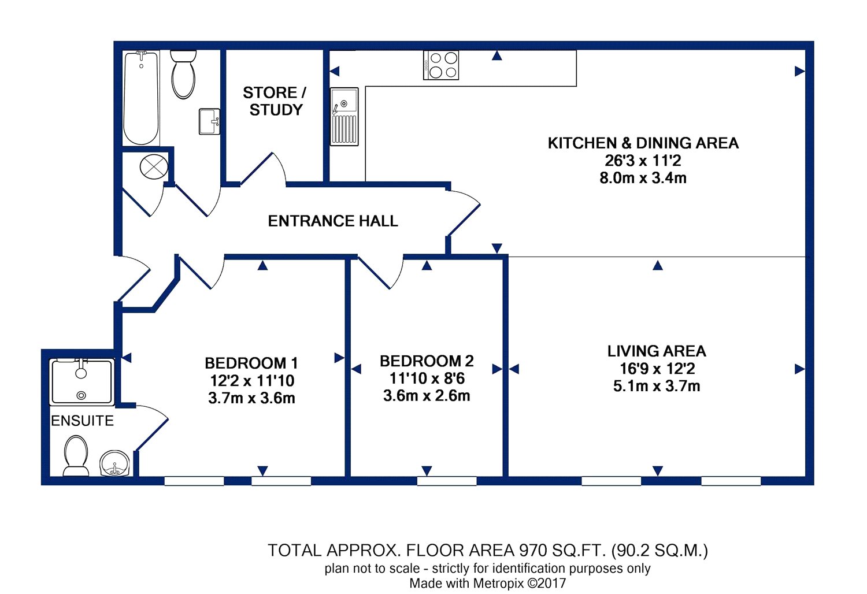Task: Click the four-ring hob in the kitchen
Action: pyautogui.click(x=441, y=65)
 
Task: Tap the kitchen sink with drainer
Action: pyautogui.click(x=344, y=117)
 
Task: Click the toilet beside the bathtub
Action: pyautogui.click(x=183, y=75)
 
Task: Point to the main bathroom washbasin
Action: pyautogui.click(x=209, y=121)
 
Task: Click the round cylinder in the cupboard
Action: pyautogui.click(x=154, y=167)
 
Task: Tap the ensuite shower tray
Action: pyautogui.click(x=81, y=382)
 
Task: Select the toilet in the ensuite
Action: pyautogui.click(x=76, y=456)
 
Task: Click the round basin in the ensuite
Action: pyautogui.click(x=114, y=463)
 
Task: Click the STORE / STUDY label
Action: pyautogui.click(x=275, y=101)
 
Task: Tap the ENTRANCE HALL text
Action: pyautogui.click(x=333, y=221)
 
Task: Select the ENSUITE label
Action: pyautogui.click(x=83, y=421)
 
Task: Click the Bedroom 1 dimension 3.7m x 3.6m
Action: pyautogui.click(x=251, y=398)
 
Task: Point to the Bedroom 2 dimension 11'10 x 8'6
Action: pyautogui.click(x=427, y=378)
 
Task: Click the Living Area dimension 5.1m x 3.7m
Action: pyautogui.click(x=657, y=386)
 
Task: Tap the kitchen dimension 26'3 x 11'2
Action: pyautogui.click(x=643, y=161)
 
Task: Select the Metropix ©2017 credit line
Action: pyautogui.click(x=488, y=583)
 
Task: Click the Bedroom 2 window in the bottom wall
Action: pyautogui.click(x=447, y=481)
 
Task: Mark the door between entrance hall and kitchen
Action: pyautogui.click(x=464, y=213)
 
